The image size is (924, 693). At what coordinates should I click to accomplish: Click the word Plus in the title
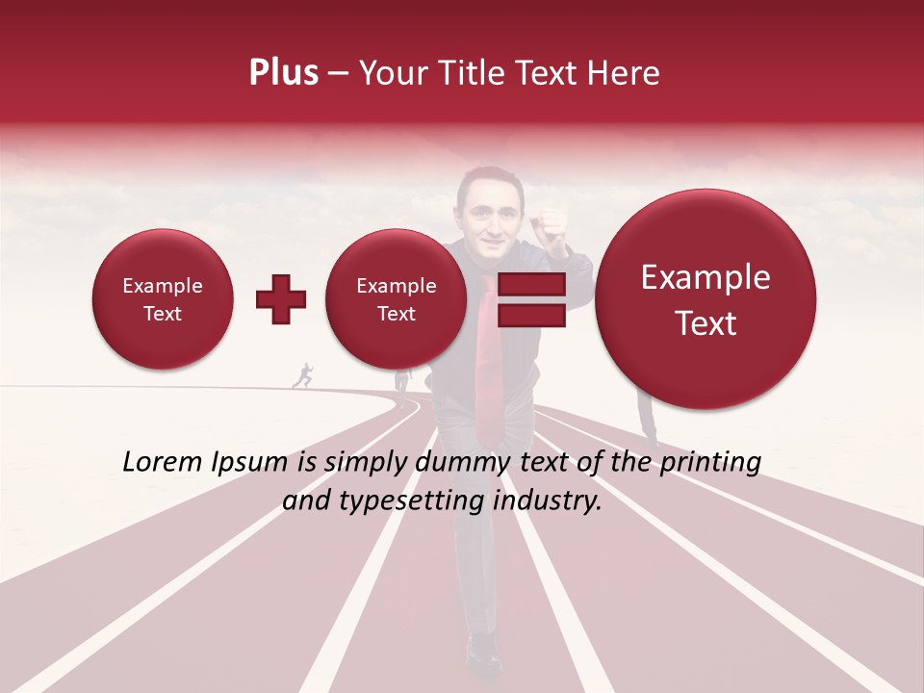(x=283, y=73)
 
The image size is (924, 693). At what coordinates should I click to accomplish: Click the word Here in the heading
(x=624, y=73)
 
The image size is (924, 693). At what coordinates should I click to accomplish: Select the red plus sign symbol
(x=281, y=299)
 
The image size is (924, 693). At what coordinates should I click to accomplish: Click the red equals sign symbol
(x=530, y=299)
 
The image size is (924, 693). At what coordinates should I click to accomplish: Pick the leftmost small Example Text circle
(x=162, y=299)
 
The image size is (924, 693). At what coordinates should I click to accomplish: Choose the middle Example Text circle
(x=396, y=299)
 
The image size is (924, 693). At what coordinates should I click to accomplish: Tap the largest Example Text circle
(x=706, y=299)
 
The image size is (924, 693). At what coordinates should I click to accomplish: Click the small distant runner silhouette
(x=304, y=374)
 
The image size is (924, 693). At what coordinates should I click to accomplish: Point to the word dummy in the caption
(x=486, y=463)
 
